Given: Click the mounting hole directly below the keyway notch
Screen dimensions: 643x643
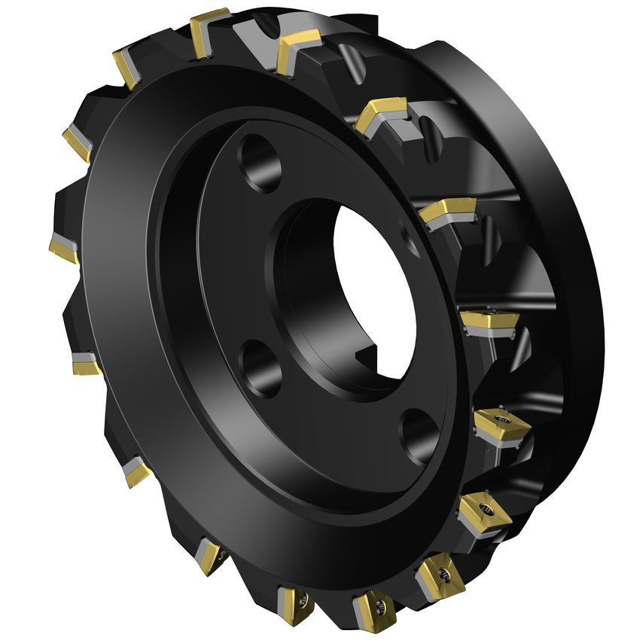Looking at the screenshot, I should click(x=419, y=432).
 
